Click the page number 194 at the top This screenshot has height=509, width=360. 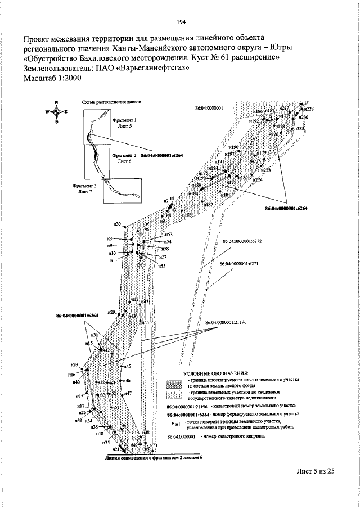[x=181, y=22]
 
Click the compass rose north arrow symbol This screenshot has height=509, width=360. [x=57, y=112]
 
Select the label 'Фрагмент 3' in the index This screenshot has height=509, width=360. [x=84, y=185]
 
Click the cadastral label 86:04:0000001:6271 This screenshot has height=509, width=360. [x=238, y=264]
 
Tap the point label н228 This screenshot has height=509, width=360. [x=309, y=109]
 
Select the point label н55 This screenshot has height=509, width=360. [x=161, y=266]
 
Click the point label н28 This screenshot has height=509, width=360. [x=74, y=365]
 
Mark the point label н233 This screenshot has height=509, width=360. [x=300, y=129]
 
